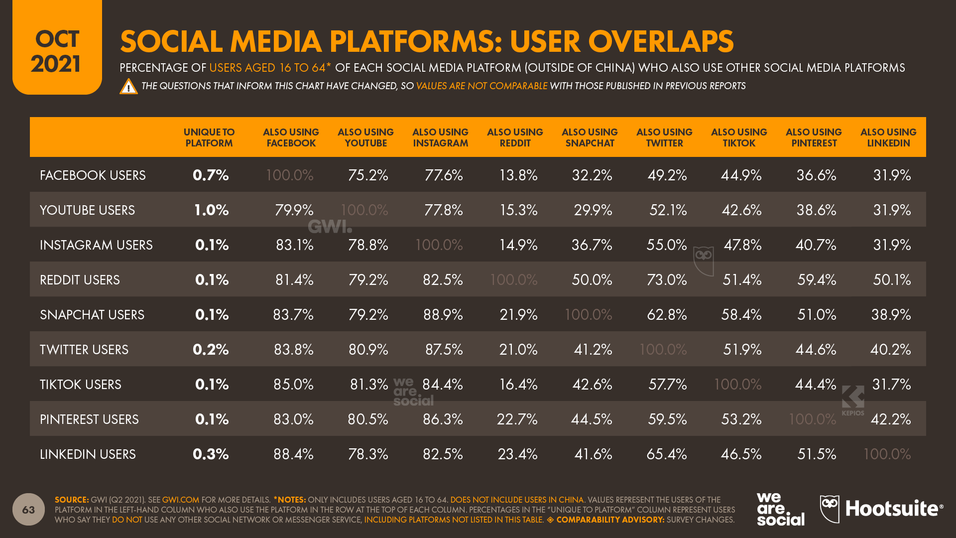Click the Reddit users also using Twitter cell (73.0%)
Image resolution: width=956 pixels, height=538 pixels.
coord(666,279)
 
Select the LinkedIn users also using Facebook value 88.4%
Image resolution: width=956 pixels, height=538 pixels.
coord(293,454)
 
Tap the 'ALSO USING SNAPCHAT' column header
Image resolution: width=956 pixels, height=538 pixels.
coord(590,137)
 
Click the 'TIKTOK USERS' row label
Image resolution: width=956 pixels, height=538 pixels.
coord(81,385)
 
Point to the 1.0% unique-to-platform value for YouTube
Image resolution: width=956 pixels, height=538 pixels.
coord(211,210)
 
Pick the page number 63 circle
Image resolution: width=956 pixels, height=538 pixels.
coord(28,509)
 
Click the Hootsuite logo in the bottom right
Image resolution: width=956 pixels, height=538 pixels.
coord(881,509)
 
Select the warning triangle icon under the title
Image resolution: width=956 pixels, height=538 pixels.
coord(128,87)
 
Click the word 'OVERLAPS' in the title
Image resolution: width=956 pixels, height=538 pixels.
coord(621,41)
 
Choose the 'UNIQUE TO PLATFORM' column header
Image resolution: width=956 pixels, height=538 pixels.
coord(209,137)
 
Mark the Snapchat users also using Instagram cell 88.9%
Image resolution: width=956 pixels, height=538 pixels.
coord(443,314)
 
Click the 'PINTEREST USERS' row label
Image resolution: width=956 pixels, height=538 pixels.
coord(89,419)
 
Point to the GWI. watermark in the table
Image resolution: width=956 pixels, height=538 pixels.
coord(330,227)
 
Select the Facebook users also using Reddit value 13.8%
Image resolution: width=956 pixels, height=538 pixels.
coord(518,175)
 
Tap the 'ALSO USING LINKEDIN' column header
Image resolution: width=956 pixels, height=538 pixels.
coord(888,137)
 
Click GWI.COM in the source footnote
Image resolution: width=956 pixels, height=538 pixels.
coord(180,500)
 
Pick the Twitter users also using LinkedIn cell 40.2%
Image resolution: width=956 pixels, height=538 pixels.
coord(890,349)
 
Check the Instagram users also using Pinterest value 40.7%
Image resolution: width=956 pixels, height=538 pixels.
coord(816,245)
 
